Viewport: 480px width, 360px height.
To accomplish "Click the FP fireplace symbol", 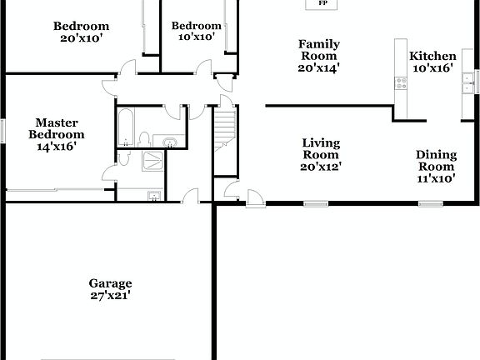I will coord(321,4).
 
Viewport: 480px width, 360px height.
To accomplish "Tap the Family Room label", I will coord(319,44).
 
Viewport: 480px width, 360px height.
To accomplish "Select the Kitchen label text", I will coord(432,57).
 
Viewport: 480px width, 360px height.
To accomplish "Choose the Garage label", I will coord(111,283).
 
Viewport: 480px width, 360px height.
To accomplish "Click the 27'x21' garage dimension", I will coord(111,295).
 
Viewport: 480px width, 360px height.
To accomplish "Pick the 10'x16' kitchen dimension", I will coord(432,68).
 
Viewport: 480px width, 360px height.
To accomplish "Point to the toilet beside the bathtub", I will coord(145,138).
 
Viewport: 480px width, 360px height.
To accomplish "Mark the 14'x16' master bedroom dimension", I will coord(57,146).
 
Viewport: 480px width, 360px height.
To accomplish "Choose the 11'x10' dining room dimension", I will coord(436,177).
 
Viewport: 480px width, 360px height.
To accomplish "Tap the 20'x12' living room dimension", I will coord(320,166).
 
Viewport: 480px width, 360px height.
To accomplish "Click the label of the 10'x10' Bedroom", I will coord(197,26).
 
